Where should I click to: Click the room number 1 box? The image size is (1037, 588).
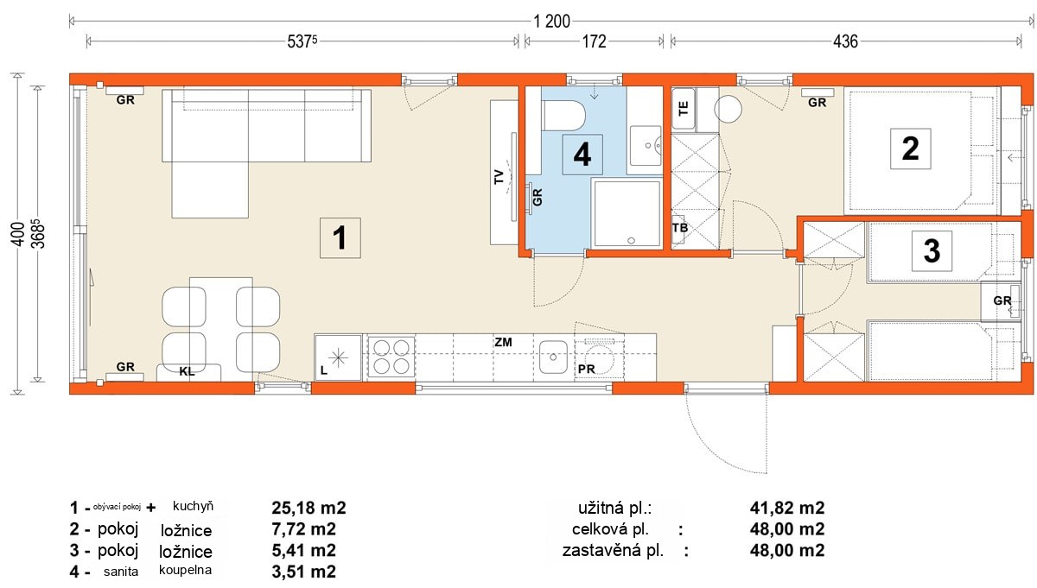[x=340, y=237]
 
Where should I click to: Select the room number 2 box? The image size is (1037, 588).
[x=911, y=149]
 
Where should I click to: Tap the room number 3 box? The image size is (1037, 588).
[x=932, y=251]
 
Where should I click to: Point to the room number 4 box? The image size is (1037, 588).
[x=582, y=155]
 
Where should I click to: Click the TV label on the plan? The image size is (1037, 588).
[x=499, y=177]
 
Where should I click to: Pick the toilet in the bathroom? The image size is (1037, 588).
[x=563, y=116]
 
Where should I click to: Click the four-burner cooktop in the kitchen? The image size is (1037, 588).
[x=391, y=357]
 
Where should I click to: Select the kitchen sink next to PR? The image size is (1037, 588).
[x=553, y=357]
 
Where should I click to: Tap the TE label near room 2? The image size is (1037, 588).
[x=684, y=108]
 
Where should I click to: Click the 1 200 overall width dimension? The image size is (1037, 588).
[x=552, y=22]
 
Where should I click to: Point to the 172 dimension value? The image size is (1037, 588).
[x=594, y=41]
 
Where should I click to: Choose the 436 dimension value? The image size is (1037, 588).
[x=845, y=41]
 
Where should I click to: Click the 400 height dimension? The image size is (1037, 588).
[x=18, y=234]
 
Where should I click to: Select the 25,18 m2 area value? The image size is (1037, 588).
[x=309, y=508]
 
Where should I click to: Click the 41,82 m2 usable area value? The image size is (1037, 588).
[x=787, y=508]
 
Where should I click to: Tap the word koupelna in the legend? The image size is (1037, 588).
[x=185, y=570]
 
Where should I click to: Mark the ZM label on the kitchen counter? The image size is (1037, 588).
[x=503, y=342]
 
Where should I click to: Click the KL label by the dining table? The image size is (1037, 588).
[x=187, y=371]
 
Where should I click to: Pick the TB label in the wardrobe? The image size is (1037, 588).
[x=680, y=228]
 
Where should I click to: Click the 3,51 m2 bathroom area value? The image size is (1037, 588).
[x=303, y=572]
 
